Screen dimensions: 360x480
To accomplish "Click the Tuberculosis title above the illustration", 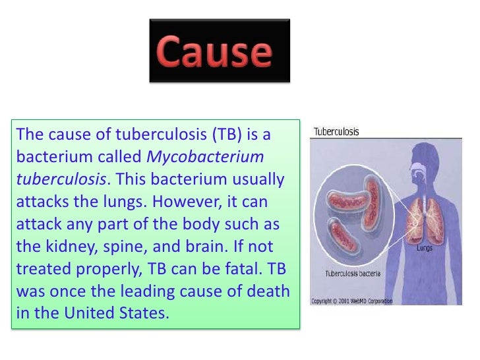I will (x=336, y=131).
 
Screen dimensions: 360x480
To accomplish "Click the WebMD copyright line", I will (x=351, y=301).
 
